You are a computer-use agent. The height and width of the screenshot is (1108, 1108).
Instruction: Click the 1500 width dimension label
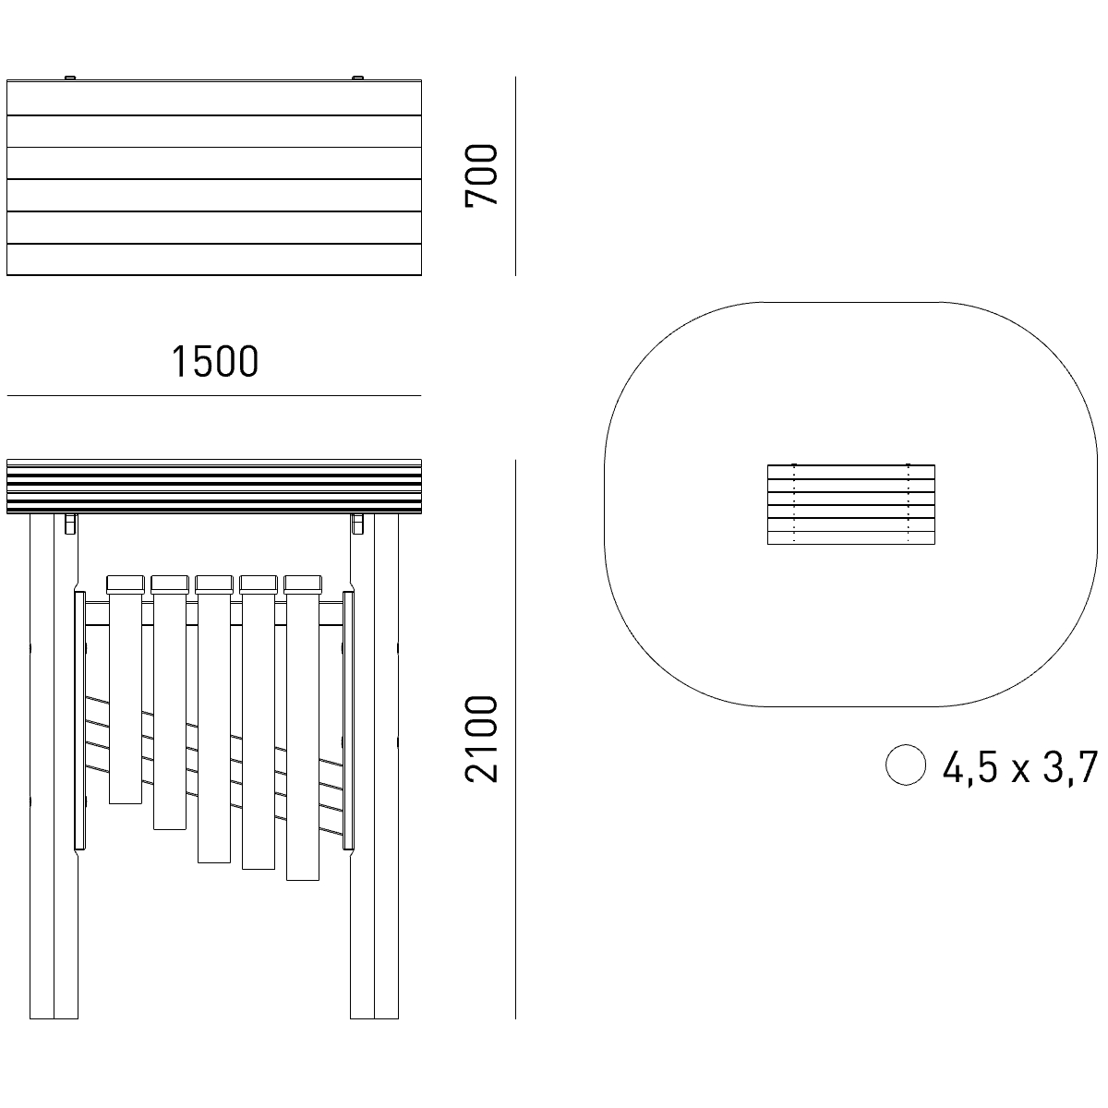[215, 362]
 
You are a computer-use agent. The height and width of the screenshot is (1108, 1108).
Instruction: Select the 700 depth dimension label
[481, 175]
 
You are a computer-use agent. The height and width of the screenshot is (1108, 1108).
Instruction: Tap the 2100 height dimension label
[481, 739]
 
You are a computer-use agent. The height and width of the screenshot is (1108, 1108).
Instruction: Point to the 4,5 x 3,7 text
[1020, 767]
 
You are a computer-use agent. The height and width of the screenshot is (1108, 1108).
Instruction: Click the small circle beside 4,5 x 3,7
[906, 765]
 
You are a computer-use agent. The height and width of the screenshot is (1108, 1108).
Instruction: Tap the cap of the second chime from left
[170, 584]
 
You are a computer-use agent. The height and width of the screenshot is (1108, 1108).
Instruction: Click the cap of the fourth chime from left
[259, 584]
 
